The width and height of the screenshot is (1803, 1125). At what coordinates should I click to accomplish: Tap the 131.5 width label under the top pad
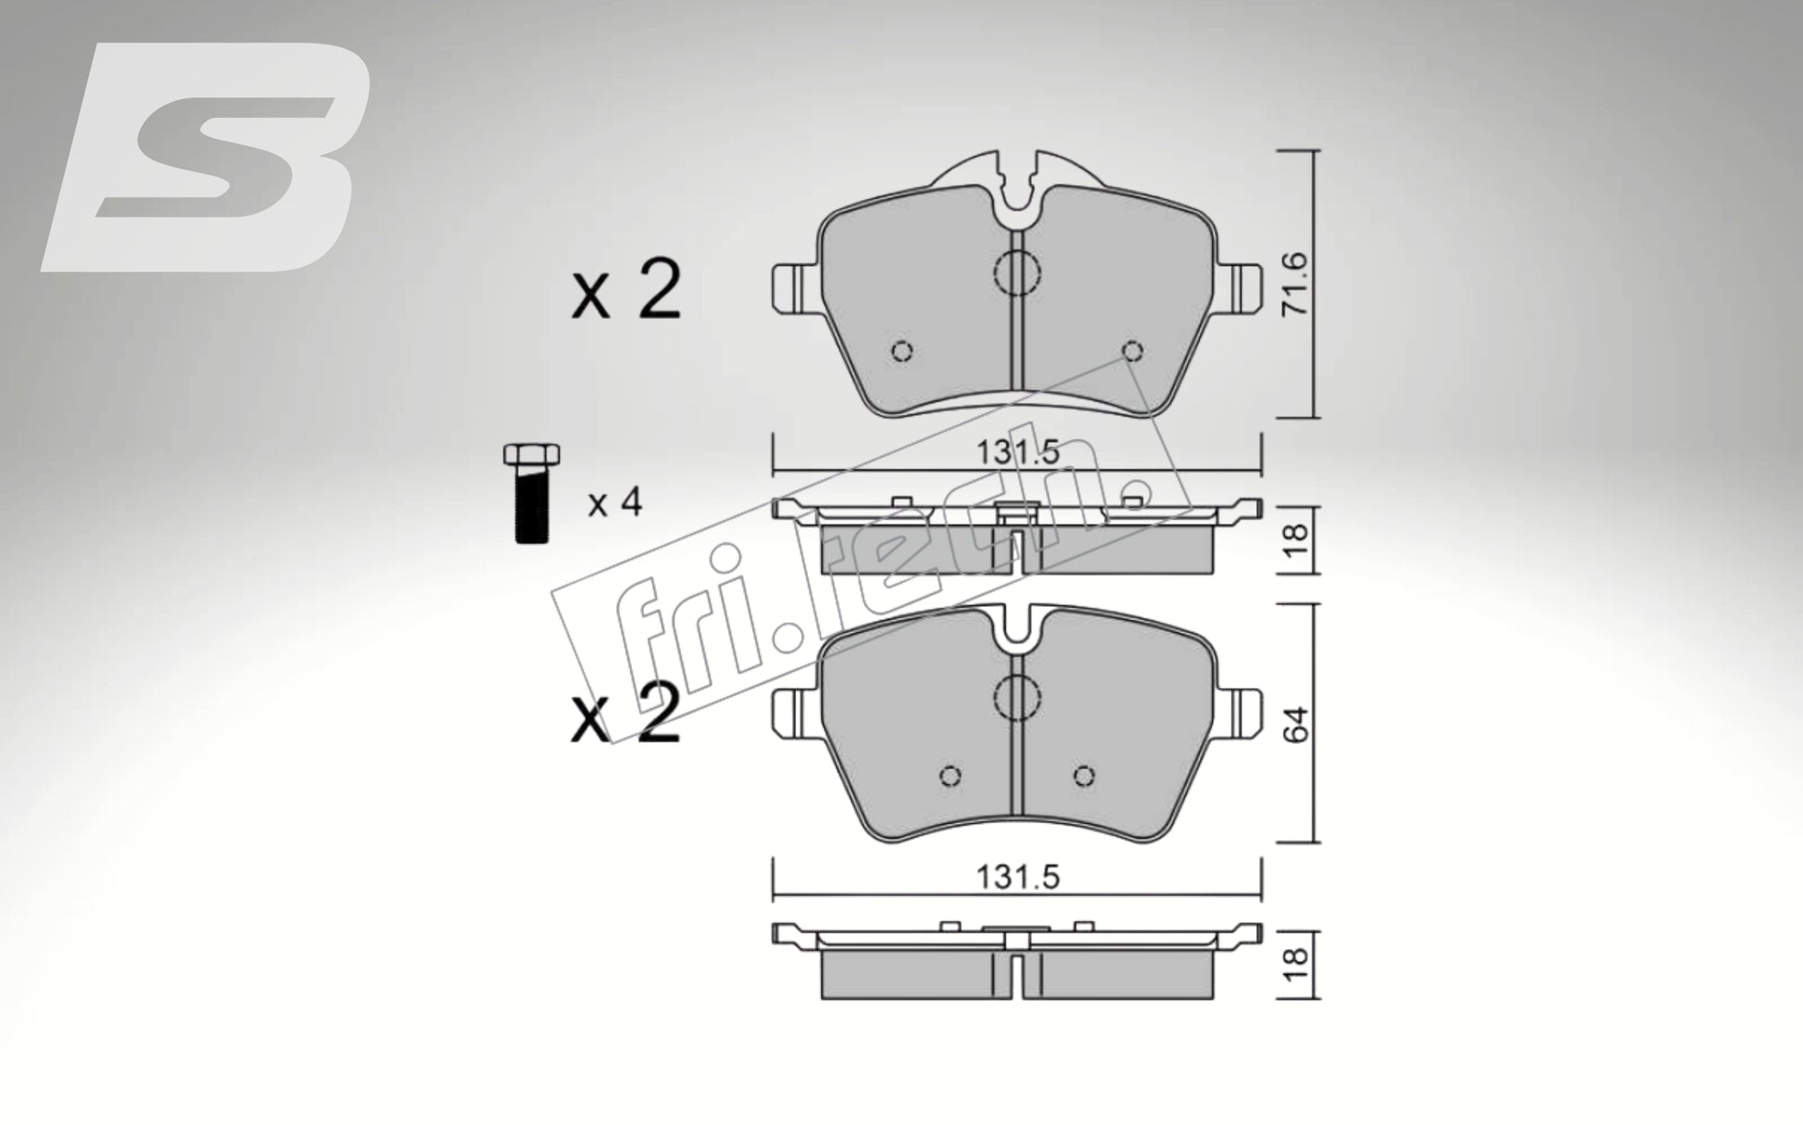click(x=1016, y=453)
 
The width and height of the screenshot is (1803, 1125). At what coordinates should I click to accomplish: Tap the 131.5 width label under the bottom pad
click(x=1016, y=877)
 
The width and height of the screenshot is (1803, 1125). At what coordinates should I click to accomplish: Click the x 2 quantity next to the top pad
click(x=626, y=291)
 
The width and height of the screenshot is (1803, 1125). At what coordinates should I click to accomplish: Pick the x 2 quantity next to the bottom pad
click(x=626, y=714)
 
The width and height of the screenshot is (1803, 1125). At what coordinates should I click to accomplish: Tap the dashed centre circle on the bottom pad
click(x=1016, y=695)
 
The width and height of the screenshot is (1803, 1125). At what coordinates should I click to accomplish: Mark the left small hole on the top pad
click(x=901, y=351)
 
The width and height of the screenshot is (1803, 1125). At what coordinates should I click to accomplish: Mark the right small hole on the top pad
click(x=1130, y=350)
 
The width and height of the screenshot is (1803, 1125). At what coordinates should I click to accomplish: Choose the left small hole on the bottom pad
click(x=949, y=776)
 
